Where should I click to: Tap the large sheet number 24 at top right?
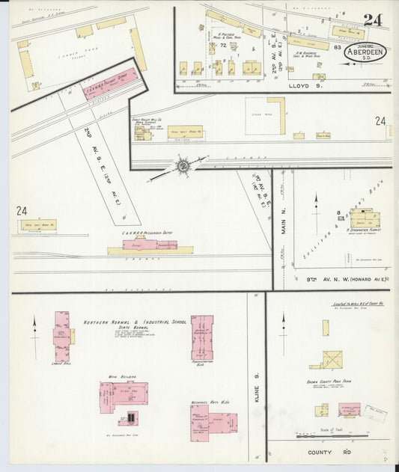click(x=372, y=20)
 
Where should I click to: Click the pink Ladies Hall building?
click(x=61, y=336)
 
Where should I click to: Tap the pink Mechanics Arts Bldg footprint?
click(x=210, y=423)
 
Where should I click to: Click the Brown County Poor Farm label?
click(x=326, y=369)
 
